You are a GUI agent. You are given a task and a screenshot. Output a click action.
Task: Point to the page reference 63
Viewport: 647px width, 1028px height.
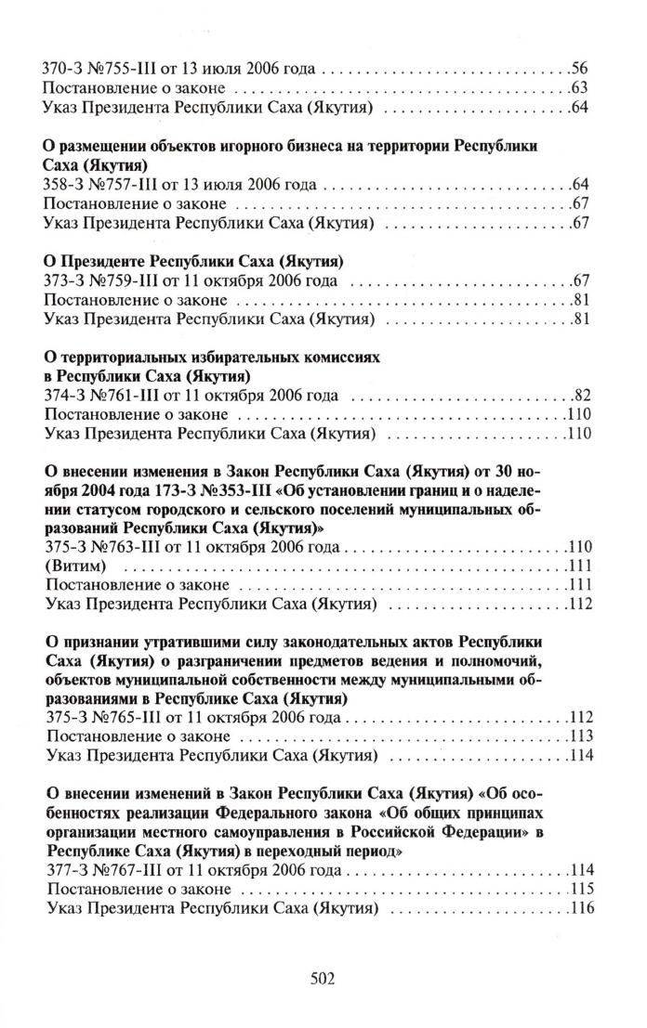[582, 89]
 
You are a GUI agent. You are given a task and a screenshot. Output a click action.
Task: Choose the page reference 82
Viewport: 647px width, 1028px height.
[583, 396]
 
